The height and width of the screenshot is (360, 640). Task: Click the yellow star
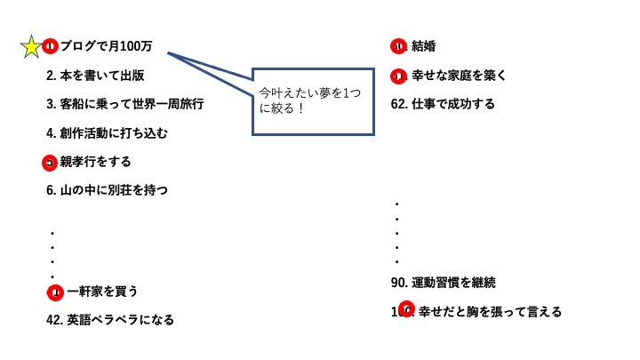(x=31, y=46)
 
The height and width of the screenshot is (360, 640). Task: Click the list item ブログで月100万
(x=106, y=46)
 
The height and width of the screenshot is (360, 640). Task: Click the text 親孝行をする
(x=95, y=162)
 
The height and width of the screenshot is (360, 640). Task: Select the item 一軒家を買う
(x=102, y=292)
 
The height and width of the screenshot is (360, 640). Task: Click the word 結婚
(x=423, y=46)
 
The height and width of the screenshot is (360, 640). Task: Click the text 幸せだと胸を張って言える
(x=490, y=312)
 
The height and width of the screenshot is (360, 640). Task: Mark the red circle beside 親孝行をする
(x=50, y=163)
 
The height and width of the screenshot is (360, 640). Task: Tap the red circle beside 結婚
(x=398, y=46)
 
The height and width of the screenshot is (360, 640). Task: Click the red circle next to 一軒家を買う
(x=55, y=292)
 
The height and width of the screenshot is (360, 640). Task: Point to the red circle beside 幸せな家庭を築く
(x=398, y=76)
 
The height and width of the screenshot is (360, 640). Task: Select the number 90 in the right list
(x=398, y=283)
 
